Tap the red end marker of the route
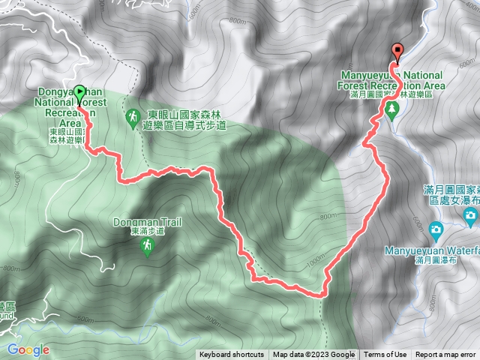tap(397, 51)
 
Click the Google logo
tap(28, 349)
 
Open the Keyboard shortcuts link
tap(232, 355)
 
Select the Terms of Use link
tap(385, 355)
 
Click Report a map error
tap(445, 355)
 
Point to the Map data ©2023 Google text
tap(314, 355)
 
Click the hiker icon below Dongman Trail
tap(148, 247)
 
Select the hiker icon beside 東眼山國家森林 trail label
tap(132, 117)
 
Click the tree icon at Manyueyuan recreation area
tap(391, 109)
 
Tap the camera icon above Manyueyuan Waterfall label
tap(436, 228)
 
